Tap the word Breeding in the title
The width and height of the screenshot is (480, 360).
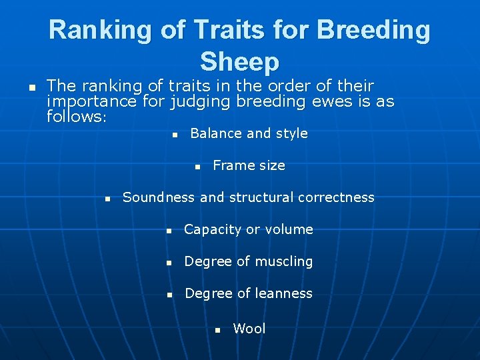(x=374, y=30)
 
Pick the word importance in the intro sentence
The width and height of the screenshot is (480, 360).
(x=92, y=102)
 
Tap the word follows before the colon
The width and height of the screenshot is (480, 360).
(x=74, y=117)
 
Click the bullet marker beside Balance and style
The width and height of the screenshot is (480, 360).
(x=174, y=135)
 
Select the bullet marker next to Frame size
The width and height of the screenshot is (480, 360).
(x=197, y=167)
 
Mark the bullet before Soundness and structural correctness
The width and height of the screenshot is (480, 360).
(x=107, y=199)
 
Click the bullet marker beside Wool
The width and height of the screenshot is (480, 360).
(x=217, y=330)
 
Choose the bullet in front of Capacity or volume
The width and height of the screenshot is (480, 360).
(x=169, y=231)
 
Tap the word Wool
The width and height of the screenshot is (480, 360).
(x=249, y=329)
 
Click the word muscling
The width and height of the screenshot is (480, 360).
(x=284, y=261)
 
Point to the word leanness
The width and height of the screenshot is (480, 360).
(x=284, y=293)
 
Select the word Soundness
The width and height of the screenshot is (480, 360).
(x=159, y=197)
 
